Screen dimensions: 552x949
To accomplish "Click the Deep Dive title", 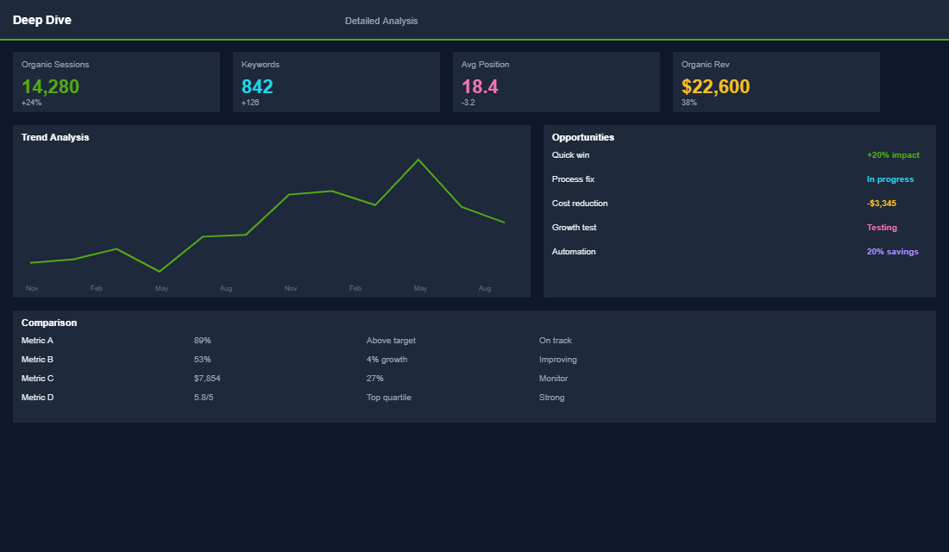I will point(42,20).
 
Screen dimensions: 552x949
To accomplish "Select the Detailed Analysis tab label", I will point(381,21).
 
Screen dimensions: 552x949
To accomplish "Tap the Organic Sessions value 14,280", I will point(50,86).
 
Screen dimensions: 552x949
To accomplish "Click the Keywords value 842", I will point(257,86).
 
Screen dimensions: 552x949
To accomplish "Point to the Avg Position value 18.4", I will point(480,86).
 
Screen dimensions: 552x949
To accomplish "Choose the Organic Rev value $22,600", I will point(715,86).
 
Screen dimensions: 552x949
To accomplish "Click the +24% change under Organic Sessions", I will point(32,103).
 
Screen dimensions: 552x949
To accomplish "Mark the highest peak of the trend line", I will point(418,160).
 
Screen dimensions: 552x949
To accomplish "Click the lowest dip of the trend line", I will point(159,272).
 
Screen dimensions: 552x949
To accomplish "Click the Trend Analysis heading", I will point(55,137).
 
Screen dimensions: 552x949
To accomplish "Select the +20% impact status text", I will point(893,155).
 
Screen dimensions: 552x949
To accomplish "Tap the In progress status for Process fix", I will point(889,179).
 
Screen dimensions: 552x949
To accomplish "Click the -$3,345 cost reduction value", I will point(881,204).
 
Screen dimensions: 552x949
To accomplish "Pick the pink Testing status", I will point(882,228).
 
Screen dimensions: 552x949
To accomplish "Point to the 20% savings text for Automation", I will point(892,252).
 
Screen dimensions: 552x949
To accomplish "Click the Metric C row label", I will point(38,379).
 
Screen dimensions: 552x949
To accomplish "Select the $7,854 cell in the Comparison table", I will point(207,379).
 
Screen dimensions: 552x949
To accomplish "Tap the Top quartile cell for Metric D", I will point(388,398).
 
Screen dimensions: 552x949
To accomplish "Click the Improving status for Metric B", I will point(557,360).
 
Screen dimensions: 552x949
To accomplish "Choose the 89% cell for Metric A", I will point(203,341).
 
